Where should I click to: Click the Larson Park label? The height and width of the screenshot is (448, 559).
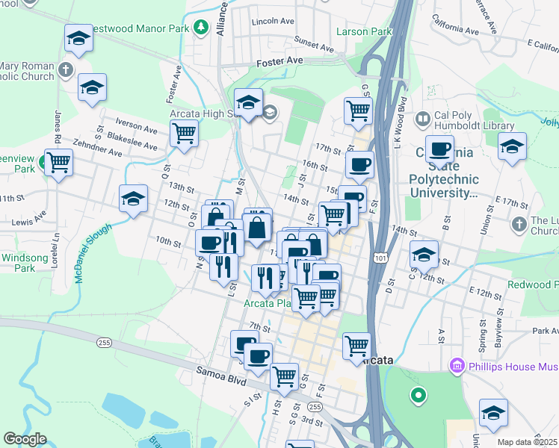(364, 32)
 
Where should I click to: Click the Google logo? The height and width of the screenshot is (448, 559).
(25, 439)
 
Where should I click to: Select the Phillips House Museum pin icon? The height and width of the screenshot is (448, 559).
(456, 367)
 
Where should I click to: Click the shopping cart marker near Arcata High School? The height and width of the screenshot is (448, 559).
(184, 134)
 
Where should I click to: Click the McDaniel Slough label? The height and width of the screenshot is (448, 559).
(93, 252)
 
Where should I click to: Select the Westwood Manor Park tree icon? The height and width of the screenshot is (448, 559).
(200, 28)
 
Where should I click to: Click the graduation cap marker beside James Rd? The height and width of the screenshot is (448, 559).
(93, 87)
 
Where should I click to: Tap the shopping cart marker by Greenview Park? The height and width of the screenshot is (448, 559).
(58, 161)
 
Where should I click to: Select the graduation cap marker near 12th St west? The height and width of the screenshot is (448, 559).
(133, 199)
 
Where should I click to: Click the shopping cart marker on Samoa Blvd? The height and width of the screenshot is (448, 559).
(284, 377)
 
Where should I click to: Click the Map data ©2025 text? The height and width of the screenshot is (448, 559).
(527, 442)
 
